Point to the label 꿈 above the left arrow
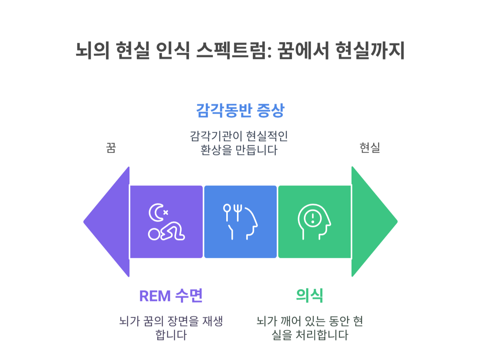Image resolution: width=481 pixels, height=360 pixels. (111, 148)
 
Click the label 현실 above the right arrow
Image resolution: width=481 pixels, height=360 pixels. (370, 148)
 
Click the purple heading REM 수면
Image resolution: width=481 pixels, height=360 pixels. (171, 296)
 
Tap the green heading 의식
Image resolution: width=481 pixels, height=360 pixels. (309, 296)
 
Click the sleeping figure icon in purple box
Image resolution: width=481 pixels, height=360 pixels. (166, 232)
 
